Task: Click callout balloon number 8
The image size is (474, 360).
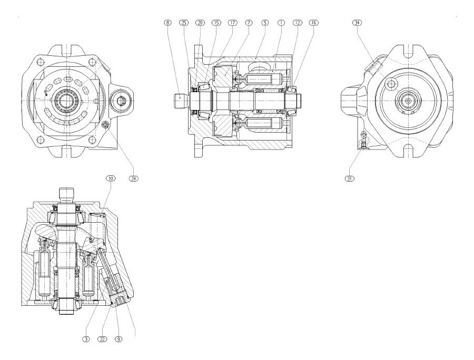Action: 167,23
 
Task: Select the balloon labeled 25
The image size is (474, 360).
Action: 184,23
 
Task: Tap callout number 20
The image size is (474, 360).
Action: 200,23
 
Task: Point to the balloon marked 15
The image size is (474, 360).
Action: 216,23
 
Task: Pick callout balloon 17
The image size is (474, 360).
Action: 232,23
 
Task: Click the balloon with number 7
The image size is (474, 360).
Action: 249,23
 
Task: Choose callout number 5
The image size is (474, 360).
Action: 265,23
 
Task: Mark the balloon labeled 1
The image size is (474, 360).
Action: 281,23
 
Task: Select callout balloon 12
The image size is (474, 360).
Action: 298,23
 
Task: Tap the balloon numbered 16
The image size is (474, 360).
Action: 314,23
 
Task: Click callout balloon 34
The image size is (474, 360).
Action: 358,23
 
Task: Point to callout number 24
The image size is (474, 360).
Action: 134,178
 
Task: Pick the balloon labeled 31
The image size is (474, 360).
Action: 349,178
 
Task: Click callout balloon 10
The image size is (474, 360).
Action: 111,178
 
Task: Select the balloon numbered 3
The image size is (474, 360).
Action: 86,339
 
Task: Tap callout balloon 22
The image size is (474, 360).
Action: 103,339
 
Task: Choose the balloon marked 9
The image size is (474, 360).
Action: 119,339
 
